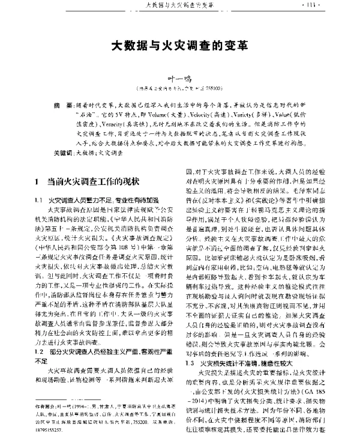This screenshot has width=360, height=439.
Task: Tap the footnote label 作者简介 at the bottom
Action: click(x=45, y=405)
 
